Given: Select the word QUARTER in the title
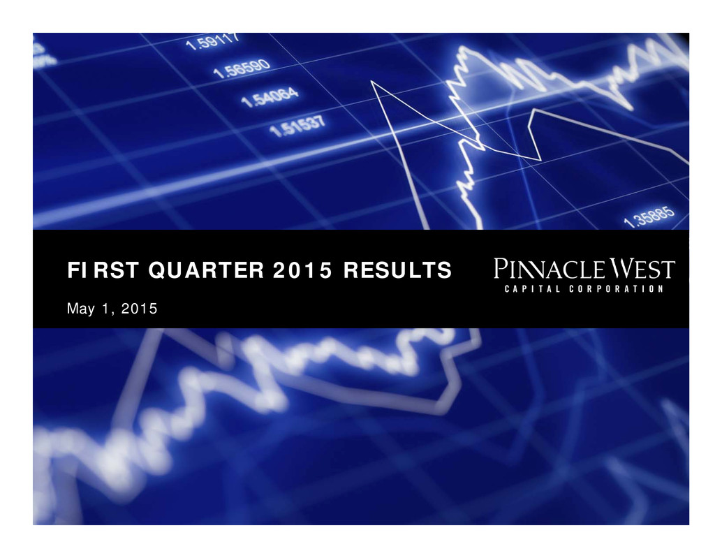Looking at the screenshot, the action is coord(206,270).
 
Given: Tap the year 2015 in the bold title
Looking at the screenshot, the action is coord(302,270).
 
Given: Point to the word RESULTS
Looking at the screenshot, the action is coord(397,270).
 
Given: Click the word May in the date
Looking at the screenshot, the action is coord(80,309).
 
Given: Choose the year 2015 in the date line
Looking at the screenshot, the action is coord(139,308).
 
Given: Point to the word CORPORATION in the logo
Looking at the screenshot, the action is coord(616,289).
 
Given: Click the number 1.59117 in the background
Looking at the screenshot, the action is coord(212,40).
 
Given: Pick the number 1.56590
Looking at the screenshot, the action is coord(242,68).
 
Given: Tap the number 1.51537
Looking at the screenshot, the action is coord(297,126).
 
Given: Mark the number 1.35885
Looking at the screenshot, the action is coord(649,216).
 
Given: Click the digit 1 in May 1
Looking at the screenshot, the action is coord(105,308).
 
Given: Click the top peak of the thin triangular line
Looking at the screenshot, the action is coord(371,81).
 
